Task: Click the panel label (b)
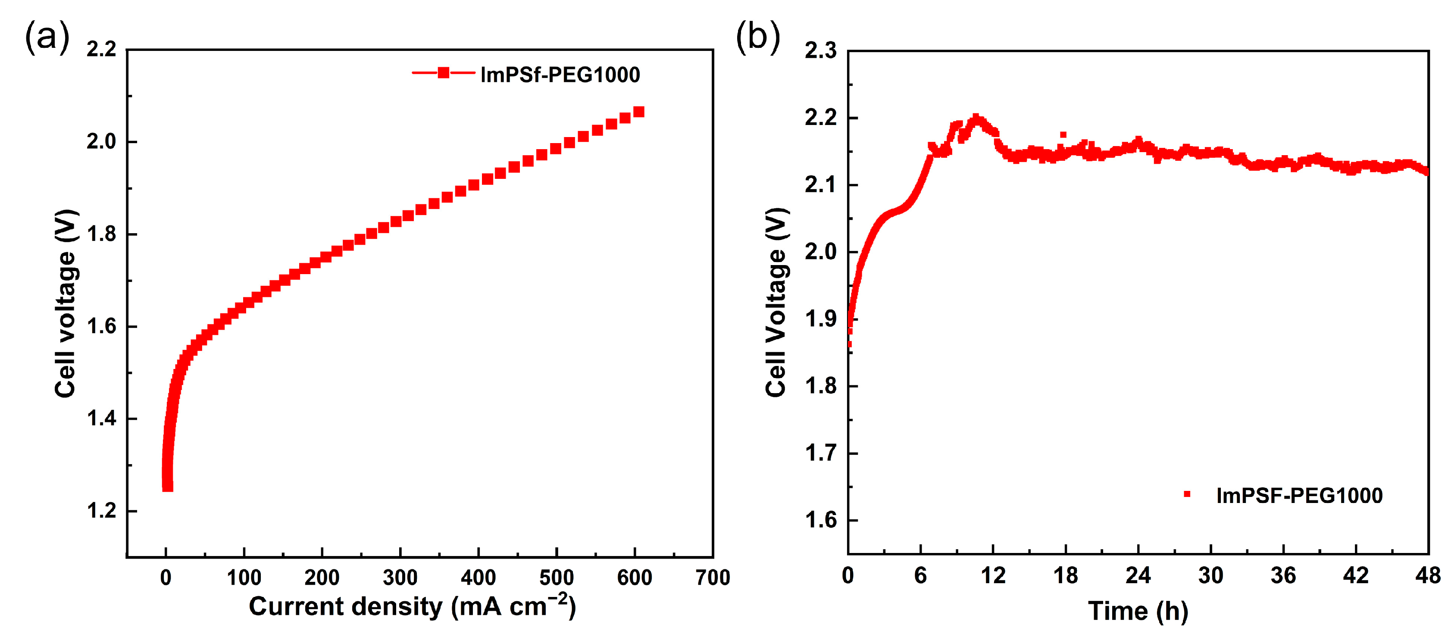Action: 757,37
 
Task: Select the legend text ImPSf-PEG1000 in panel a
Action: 560,75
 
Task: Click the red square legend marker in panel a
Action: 443,73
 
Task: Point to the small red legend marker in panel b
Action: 1186,494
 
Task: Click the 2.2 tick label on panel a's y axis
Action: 101,50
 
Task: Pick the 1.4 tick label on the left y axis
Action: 101,419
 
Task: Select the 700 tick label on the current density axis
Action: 713,578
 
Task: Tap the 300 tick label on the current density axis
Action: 400,578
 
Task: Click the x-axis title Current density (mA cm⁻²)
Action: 412,606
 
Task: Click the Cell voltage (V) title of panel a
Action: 66,303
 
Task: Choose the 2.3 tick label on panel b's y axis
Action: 820,51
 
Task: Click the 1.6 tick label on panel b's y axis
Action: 820,520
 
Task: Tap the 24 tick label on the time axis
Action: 1138,576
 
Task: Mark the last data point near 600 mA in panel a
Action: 638,112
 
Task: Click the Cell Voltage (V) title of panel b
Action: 776,303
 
